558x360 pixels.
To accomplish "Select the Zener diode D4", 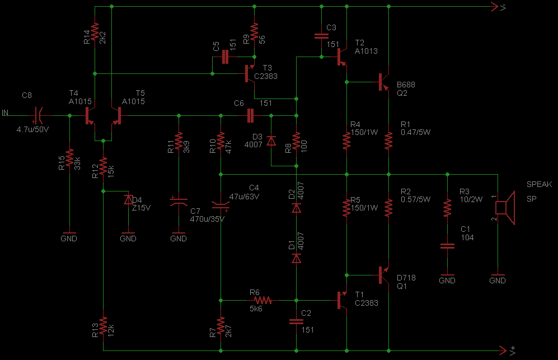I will click(x=128, y=199).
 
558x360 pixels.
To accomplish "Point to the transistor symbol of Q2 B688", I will click(x=384, y=82).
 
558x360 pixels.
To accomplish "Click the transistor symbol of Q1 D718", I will click(x=384, y=275).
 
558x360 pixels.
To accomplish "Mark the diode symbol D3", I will click(x=271, y=140).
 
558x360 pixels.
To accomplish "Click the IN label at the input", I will click(x=5, y=113).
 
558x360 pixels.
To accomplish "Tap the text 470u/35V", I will click(x=207, y=219).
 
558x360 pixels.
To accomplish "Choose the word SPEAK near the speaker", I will click(x=539, y=185).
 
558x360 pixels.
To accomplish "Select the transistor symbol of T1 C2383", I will click(x=343, y=300).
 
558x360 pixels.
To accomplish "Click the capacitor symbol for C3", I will click(x=321, y=36).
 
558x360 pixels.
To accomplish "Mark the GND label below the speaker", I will click(x=497, y=280).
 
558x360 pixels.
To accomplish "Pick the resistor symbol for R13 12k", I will click(x=103, y=326).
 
